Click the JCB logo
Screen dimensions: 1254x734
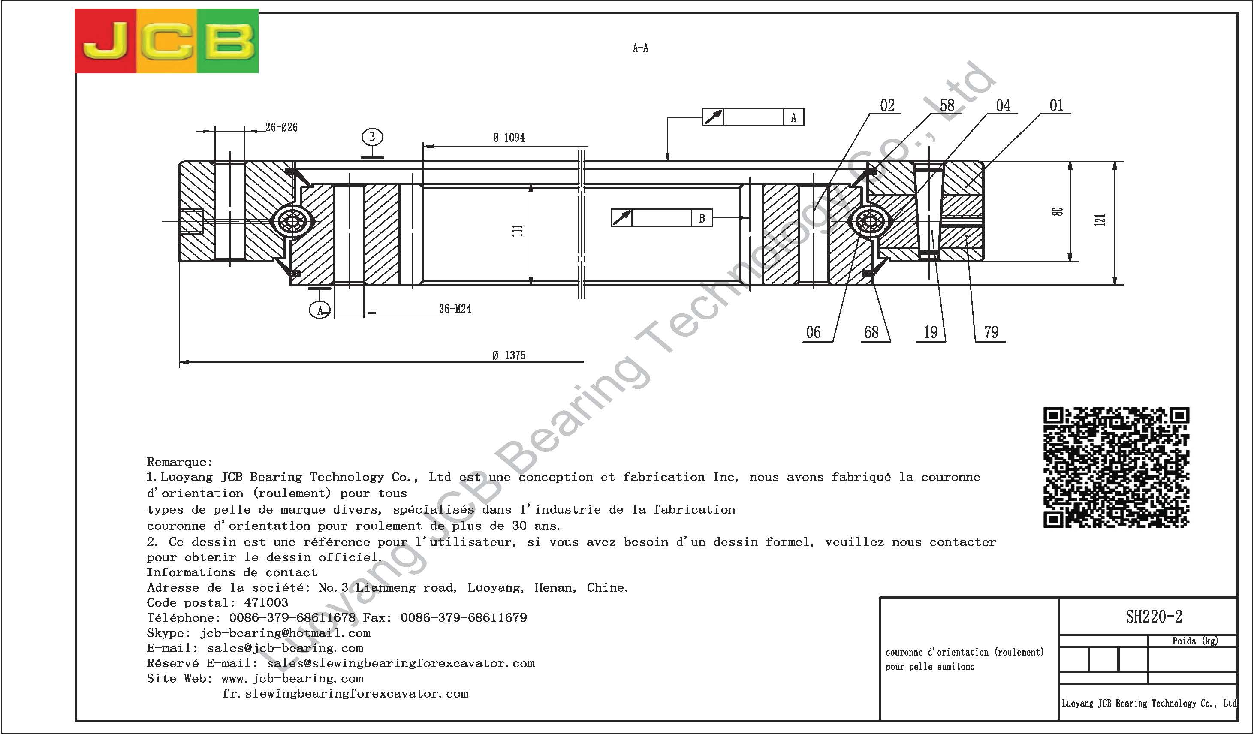[x=167, y=41]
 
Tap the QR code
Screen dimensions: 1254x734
[x=1116, y=467]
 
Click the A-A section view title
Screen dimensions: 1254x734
[x=640, y=48]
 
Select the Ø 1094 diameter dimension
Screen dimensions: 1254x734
[x=509, y=138]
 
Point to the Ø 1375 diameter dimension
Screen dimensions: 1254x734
[x=509, y=355]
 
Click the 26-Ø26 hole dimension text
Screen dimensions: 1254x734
[x=281, y=127]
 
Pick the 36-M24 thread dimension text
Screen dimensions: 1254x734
[x=455, y=309]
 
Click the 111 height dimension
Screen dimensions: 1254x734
[x=518, y=230]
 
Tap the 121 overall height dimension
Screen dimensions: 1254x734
[x=1100, y=220]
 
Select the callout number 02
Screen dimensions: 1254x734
[x=887, y=105]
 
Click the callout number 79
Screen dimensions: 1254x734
[x=991, y=332]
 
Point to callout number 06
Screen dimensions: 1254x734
[x=813, y=332]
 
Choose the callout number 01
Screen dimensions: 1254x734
[x=1056, y=105]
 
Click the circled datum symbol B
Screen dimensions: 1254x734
[x=372, y=137]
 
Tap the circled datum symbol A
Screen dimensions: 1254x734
[x=320, y=310]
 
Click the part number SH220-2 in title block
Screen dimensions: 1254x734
[x=1154, y=617]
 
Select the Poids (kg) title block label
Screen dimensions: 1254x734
[x=1195, y=641]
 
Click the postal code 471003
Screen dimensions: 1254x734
[x=266, y=603]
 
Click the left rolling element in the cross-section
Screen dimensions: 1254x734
[x=292, y=220]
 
